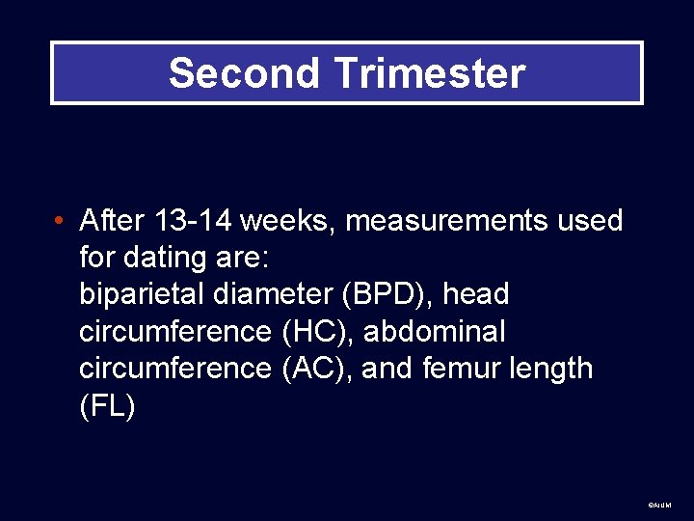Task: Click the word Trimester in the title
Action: pyautogui.click(x=429, y=73)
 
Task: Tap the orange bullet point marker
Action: pyautogui.click(x=60, y=222)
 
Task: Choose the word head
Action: pyautogui.click(x=475, y=294)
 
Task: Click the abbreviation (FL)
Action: pyautogui.click(x=107, y=405)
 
